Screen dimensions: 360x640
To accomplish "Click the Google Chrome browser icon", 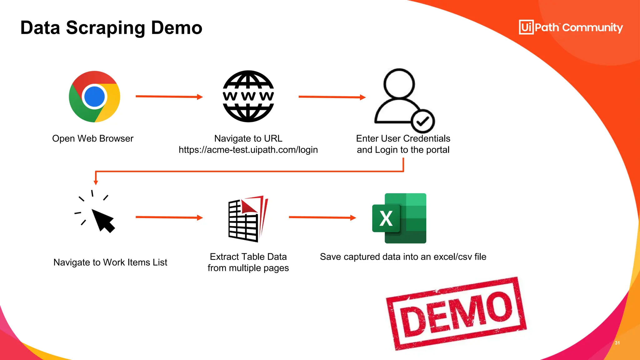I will click(94, 97).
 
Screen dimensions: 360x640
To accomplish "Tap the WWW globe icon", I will click(248, 96).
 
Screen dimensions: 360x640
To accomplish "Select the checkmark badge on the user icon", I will click(423, 121).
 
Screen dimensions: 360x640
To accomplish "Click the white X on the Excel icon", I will click(386, 218).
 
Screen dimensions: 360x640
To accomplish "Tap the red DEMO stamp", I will click(456, 313).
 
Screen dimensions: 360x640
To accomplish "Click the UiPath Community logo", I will click(571, 27).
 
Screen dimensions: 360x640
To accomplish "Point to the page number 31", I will click(617, 343).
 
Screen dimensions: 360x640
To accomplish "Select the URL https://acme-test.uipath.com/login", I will click(248, 150).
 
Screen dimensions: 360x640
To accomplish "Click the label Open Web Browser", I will click(93, 138).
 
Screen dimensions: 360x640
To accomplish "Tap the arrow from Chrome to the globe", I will click(169, 97).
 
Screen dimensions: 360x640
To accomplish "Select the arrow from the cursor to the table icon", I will click(169, 217).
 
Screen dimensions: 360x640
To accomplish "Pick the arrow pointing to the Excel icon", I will click(322, 217).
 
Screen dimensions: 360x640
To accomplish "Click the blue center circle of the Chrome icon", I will click(94, 97).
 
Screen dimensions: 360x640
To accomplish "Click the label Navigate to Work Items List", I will click(110, 262).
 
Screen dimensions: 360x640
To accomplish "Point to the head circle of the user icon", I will click(399, 84).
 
